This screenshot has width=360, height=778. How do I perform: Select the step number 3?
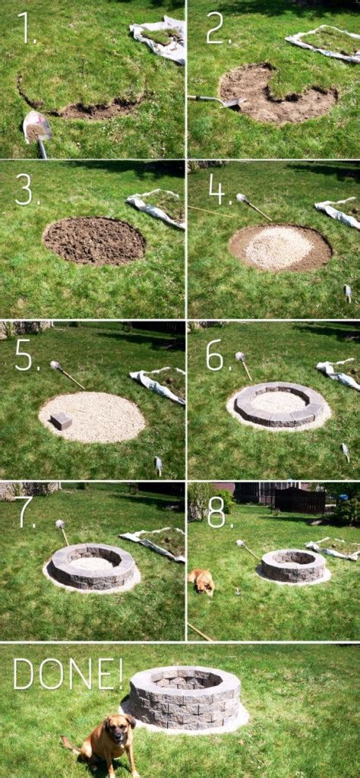pos(26,191)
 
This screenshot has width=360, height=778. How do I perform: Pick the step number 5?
pos(26,355)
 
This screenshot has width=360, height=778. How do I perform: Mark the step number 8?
pos(216,514)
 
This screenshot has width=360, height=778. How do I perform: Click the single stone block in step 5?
pos(61,420)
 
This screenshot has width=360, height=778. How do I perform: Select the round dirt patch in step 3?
pos(93,240)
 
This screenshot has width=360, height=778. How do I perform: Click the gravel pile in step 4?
pos(279,248)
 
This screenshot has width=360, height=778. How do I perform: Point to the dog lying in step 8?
pos(202,580)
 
